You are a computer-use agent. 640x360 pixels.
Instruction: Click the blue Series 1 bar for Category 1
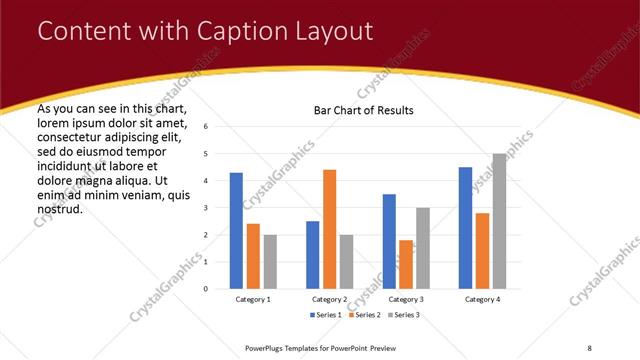click(x=236, y=231)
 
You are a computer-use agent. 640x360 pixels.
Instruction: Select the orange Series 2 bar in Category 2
click(x=330, y=229)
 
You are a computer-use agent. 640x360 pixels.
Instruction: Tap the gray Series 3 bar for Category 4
click(x=499, y=221)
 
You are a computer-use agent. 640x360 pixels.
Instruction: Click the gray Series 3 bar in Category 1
click(x=270, y=262)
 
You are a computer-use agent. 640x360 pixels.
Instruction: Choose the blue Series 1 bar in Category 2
click(x=313, y=255)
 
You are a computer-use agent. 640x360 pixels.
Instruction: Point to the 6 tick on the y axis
click(x=205, y=127)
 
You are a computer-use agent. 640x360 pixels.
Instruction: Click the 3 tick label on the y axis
click(x=205, y=208)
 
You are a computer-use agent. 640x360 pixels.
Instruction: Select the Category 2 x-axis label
click(x=330, y=299)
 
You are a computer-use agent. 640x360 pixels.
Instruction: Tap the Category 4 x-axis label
click(x=482, y=299)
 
